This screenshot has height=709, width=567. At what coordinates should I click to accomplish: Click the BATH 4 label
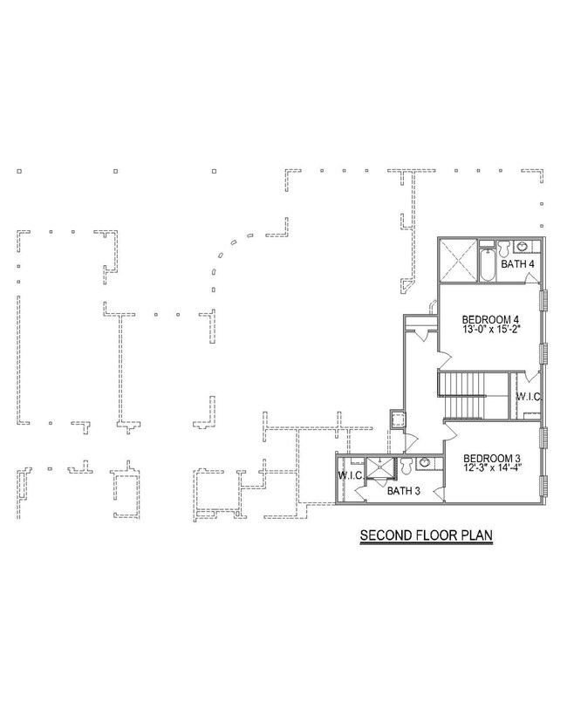tap(517, 263)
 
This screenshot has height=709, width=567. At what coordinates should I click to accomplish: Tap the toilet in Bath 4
tap(503, 247)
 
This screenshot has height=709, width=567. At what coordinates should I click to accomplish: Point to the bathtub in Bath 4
tap(487, 265)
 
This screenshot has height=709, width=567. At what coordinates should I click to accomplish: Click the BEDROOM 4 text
tap(490, 319)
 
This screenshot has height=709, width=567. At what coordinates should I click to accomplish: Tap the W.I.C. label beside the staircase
tap(529, 397)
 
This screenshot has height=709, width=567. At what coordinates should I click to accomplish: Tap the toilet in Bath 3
tap(406, 467)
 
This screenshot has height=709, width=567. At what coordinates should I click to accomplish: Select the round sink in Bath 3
tap(425, 463)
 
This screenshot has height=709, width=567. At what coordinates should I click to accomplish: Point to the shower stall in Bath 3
tap(380, 468)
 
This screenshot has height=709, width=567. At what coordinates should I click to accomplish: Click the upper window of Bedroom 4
tap(544, 300)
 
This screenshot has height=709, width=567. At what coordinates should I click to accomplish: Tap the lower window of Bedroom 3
tap(544, 485)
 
